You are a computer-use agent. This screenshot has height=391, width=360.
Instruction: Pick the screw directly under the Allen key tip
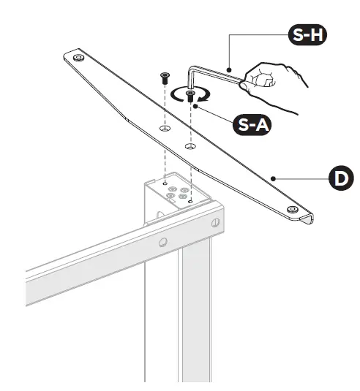coord(190,95)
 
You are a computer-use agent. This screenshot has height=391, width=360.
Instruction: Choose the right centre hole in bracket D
coord(190,147)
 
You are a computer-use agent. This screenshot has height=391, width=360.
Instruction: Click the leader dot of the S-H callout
coord(230,69)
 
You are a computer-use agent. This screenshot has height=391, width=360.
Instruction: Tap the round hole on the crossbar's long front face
coord(162,242)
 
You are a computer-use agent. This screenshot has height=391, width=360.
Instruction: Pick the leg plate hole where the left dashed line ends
coord(165,183)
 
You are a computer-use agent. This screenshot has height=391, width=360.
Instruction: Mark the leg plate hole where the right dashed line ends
coord(190,202)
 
